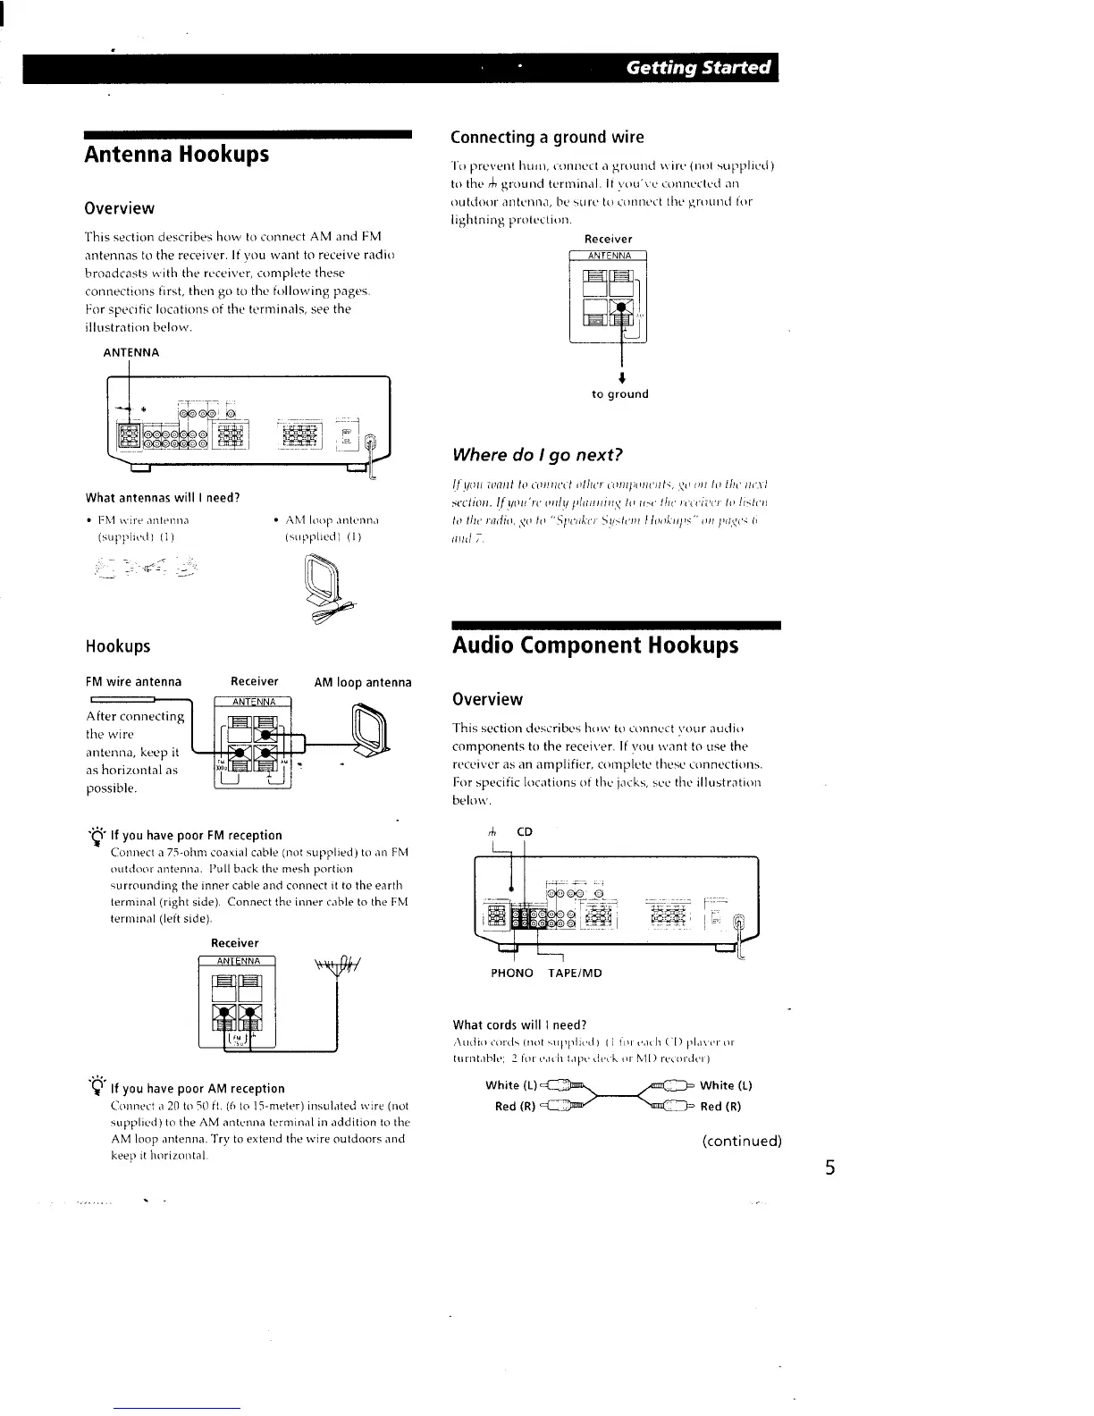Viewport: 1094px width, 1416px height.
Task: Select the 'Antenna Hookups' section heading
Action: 176,154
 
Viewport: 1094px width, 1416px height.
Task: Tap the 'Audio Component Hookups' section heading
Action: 594,645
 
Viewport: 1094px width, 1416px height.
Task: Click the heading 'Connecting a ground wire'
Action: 547,137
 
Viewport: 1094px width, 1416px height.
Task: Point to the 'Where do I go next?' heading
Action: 536,454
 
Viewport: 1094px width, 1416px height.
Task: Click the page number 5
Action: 829,1168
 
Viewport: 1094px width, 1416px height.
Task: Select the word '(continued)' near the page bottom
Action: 741,1141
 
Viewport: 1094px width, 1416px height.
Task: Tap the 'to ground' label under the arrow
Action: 620,394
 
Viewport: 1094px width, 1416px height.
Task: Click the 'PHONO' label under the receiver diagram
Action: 512,973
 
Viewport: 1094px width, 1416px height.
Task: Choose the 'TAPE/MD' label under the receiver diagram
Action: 575,973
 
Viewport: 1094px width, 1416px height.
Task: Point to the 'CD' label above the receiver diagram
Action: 525,831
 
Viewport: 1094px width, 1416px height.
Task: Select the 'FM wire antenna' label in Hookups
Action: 133,681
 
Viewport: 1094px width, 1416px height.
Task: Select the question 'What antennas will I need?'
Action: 163,497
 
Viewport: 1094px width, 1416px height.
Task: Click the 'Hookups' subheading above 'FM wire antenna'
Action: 117,645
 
